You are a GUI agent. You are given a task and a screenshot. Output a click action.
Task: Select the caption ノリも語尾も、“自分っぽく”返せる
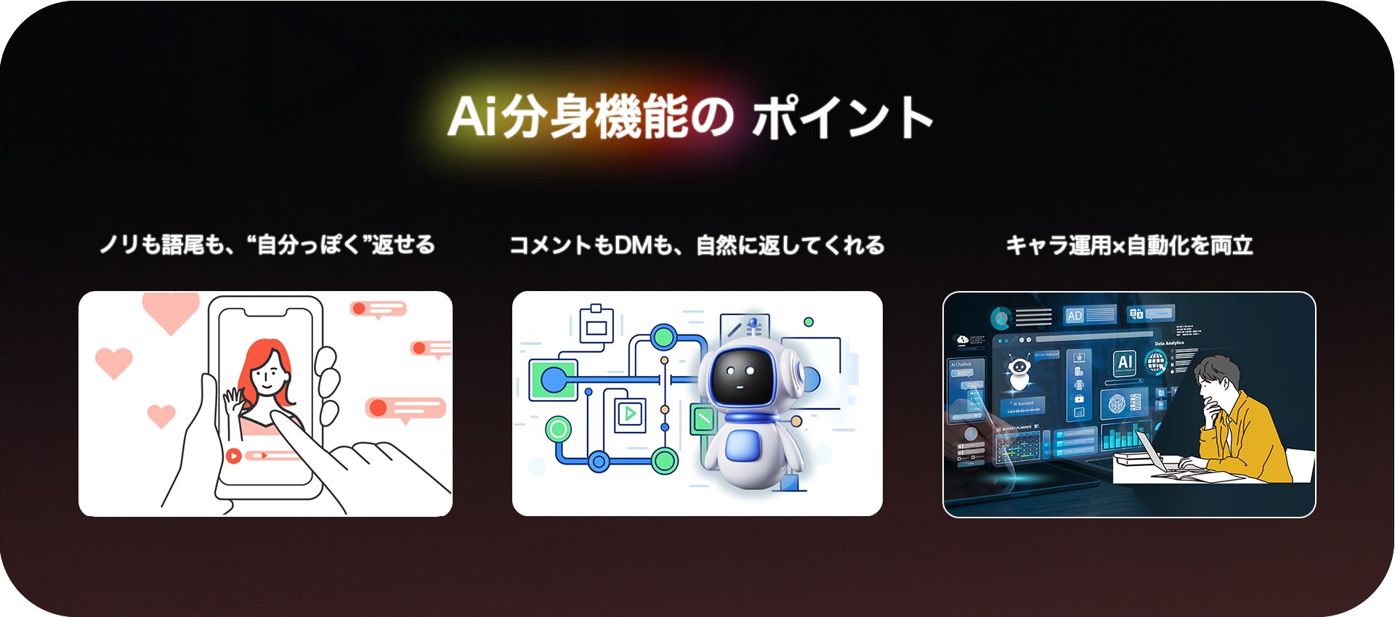click(267, 245)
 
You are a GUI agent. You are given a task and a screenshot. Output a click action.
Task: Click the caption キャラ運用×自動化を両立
click(1129, 245)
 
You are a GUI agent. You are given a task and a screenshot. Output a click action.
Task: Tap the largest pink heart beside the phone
click(171, 311)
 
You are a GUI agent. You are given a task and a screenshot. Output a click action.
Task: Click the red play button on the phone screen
click(233, 456)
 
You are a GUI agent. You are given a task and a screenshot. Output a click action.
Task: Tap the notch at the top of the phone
click(265, 312)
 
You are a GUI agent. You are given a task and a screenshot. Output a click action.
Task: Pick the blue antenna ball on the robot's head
click(753, 321)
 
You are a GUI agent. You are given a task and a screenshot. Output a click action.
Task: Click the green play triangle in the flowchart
click(630, 414)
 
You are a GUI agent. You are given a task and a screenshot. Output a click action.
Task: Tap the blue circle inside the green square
click(553, 379)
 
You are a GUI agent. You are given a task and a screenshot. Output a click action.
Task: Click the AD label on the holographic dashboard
click(1075, 316)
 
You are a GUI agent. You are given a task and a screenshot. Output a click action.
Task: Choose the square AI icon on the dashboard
click(1125, 362)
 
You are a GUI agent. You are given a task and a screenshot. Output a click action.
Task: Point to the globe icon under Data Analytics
click(1155, 361)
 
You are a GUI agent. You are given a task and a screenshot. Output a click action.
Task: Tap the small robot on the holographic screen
click(1019, 372)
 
